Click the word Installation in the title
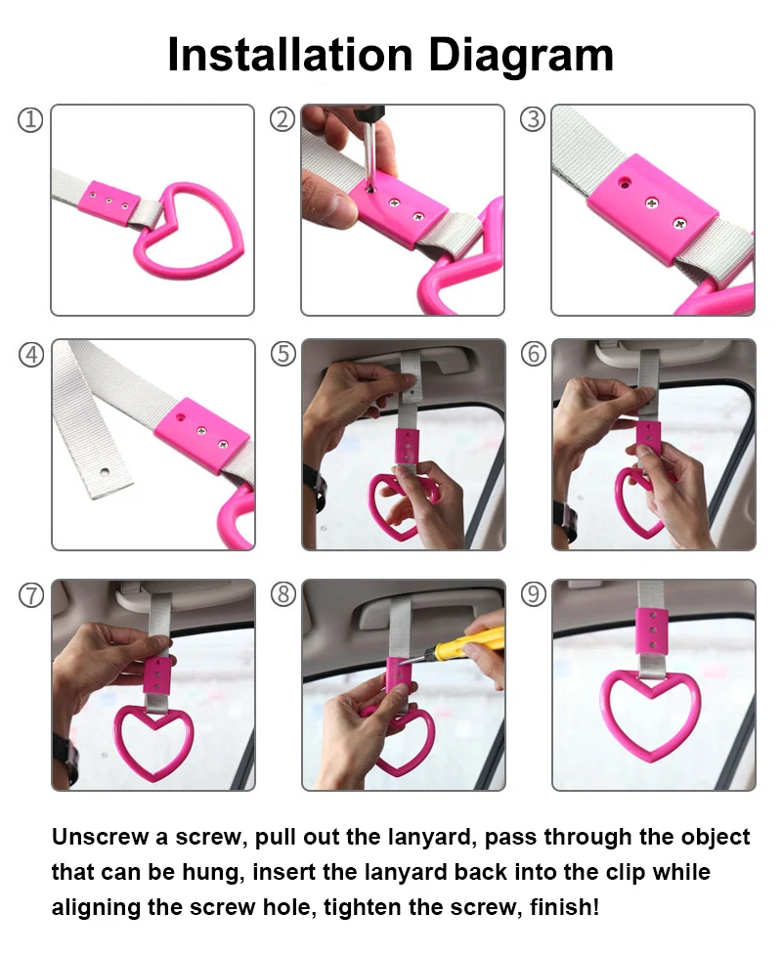tap(290, 55)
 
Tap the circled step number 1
tap(30, 119)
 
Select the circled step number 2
tap(282, 119)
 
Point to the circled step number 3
tap(533, 119)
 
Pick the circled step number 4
tap(31, 354)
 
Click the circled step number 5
tap(282, 354)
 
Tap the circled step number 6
tap(534, 354)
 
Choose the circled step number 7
tap(31, 595)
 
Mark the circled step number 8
tap(282, 594)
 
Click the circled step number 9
tap(534, 594)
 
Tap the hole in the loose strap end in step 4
tap(105, 472)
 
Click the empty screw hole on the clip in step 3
tap(624, 183)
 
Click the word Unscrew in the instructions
tap(101, 837)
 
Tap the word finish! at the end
tap(565, 907)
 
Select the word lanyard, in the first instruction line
tap(432, 838)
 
